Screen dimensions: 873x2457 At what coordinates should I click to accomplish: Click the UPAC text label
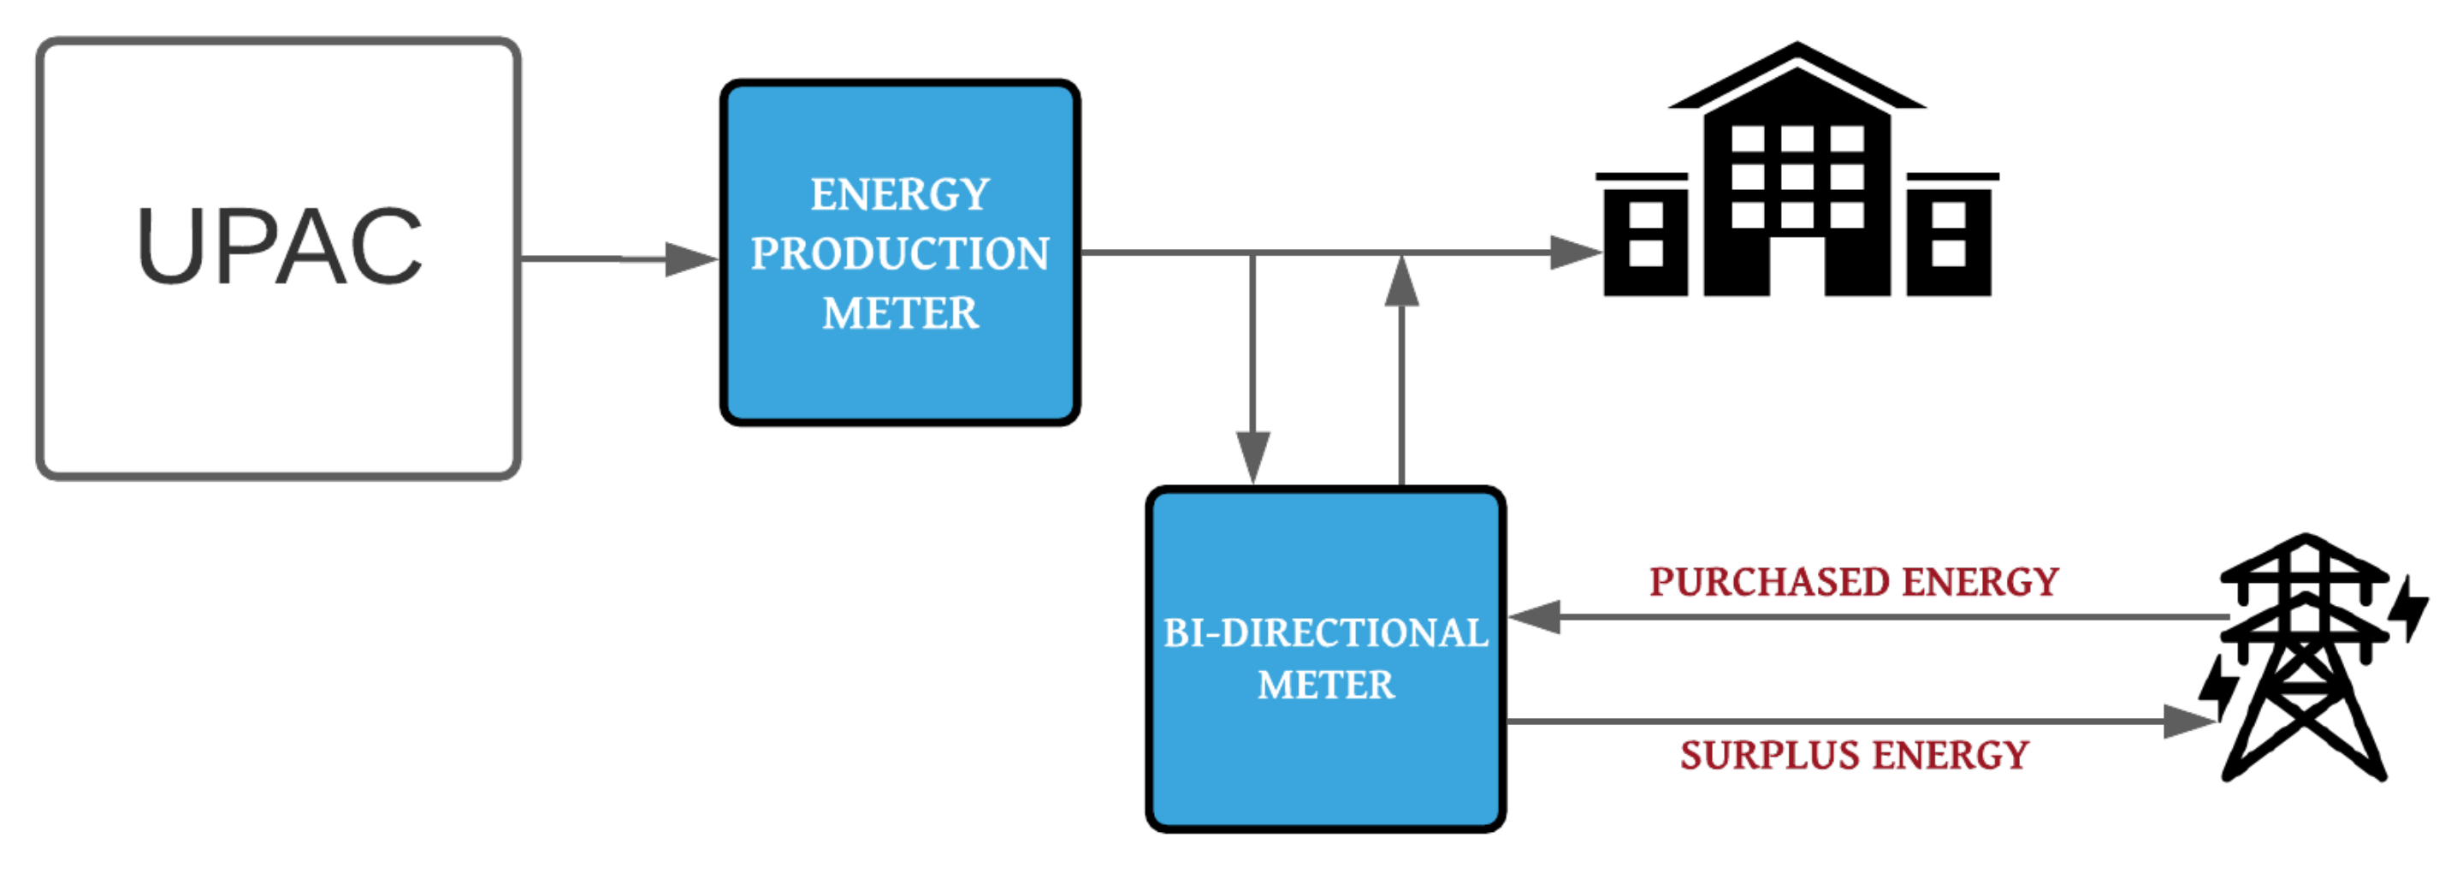click(279, 246)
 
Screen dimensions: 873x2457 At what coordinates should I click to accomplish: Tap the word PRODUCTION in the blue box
click(899, 254)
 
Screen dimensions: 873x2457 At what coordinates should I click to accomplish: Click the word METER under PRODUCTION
click(899, 314)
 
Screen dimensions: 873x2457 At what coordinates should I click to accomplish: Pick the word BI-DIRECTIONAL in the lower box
click(1325, 633)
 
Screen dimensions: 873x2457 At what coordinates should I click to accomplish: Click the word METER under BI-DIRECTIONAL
click(1325, 685)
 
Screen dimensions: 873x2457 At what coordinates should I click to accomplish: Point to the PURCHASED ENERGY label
click(1853, 582)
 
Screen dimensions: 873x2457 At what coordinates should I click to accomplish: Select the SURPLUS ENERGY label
click(1853, 756)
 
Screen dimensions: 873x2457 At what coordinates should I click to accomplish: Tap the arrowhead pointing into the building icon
click(1575, 252)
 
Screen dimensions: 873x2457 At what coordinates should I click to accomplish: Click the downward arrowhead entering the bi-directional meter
click(1252, 456)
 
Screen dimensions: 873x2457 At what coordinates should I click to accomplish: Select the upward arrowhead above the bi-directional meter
click(1401, 282)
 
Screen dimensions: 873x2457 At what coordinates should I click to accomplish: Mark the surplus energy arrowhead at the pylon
click(2188, 722)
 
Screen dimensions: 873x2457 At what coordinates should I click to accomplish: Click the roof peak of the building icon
click(1797, 48)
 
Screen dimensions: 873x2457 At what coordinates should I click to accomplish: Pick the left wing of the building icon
click(1645, 239)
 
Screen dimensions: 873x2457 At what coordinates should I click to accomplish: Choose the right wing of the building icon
click(1948, 239)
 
